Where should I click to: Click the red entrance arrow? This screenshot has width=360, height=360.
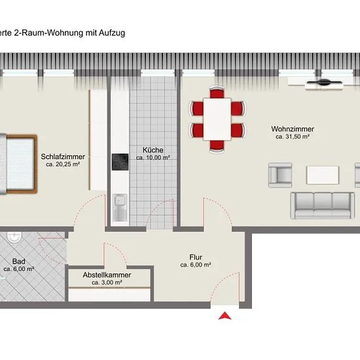[225, 316]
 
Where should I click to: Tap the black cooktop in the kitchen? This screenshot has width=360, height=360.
[120, 162]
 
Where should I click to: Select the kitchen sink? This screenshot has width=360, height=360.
[120, 207]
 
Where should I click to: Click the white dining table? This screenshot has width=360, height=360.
[217, 119]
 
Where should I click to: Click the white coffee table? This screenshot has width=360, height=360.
[323, 175]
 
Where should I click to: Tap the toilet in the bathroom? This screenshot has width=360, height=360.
[14, 237]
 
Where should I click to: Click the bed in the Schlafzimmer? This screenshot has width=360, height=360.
[18, 164]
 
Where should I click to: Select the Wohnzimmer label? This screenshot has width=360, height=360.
[293, 129]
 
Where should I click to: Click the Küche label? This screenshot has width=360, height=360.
[153, 150]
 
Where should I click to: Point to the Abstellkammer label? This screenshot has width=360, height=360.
[107, 275]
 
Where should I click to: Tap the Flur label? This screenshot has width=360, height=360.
[196, 257]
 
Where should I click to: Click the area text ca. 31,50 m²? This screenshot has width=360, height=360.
[293, 137]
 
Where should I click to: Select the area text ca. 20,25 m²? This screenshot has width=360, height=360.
[63, 164]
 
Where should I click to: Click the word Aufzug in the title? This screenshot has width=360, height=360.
[112, 33]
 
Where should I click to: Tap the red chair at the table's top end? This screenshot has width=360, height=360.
[217, 92]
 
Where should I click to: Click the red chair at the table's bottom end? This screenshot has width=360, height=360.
[217, 147]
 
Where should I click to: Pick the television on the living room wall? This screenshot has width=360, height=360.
[324, 82]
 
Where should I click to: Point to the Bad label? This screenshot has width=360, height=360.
[18, 261]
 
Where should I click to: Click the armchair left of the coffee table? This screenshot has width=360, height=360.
[280, 175]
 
